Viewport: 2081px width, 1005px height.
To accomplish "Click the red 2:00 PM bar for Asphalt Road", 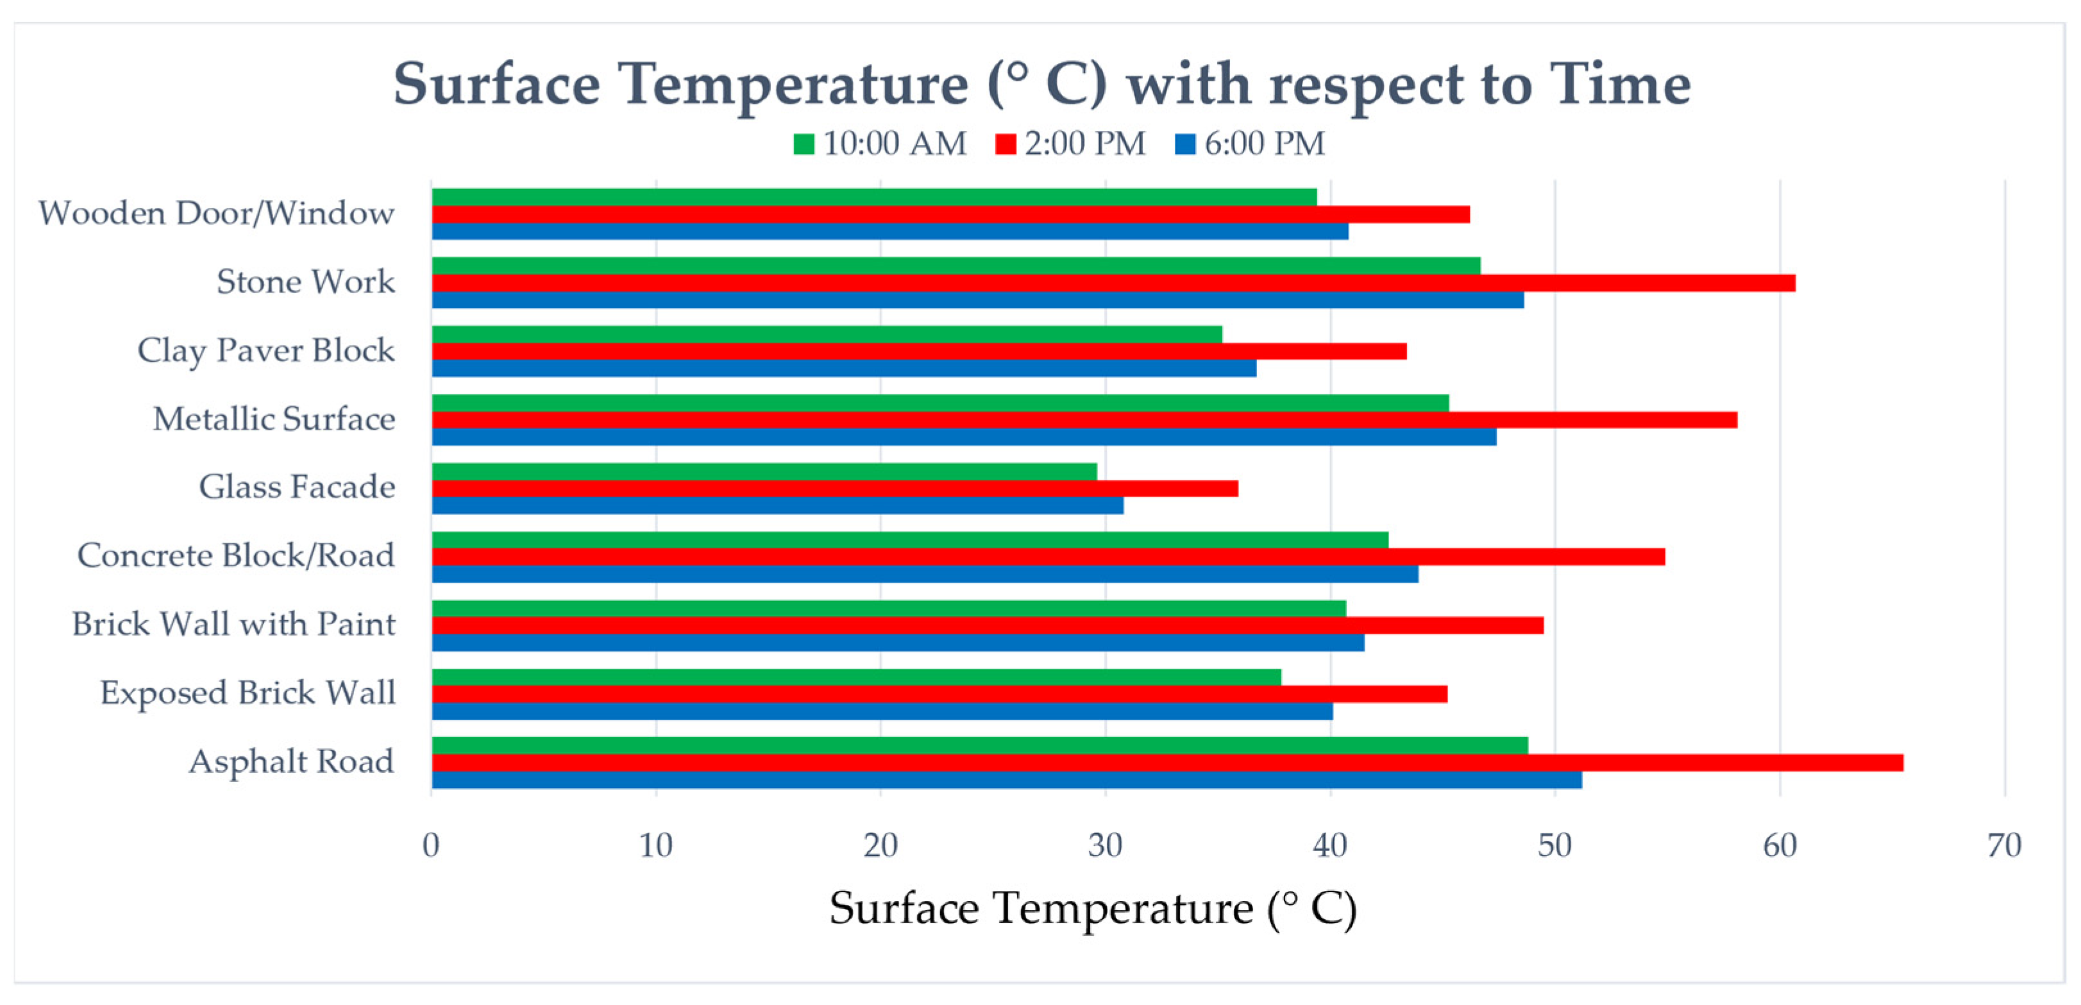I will coord(1167,763).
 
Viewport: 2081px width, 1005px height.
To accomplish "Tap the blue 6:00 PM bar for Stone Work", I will coord(977,300).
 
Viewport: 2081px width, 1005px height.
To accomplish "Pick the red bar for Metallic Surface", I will coord(1084,419).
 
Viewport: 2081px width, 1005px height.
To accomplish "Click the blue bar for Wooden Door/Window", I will coord(889,231).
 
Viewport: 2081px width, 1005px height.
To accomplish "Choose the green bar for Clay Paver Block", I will coord(827,334).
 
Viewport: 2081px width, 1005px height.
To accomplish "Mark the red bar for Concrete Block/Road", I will coord(1048,557).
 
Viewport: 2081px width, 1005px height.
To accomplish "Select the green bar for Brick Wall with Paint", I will coord(889,609).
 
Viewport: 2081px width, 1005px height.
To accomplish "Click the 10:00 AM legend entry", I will coord(880,144).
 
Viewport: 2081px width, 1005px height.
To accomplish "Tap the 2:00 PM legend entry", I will coord(1071,144).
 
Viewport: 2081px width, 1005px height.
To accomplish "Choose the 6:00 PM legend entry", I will coord(1251,144).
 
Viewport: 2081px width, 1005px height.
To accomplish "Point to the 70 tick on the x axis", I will coord(2004,846).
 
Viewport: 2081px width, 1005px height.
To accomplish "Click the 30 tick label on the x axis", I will coord(1105,846).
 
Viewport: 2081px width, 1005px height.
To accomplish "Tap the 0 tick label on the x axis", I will coord(432,846).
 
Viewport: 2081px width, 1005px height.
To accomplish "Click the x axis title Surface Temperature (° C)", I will coord(1092,908).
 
